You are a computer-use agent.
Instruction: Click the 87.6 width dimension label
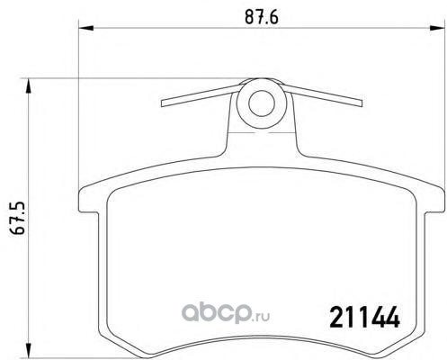262,16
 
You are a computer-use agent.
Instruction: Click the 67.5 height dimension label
16,218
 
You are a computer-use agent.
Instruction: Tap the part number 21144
364,318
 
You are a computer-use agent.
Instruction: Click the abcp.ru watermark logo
226,313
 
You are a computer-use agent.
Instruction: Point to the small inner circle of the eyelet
262,103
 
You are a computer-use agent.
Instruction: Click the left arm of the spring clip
200,95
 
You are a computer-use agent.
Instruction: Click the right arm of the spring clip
322,95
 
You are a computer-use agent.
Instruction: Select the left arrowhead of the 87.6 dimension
85,28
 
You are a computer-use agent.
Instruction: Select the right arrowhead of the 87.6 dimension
436,28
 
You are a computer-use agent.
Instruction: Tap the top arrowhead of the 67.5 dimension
28,85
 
